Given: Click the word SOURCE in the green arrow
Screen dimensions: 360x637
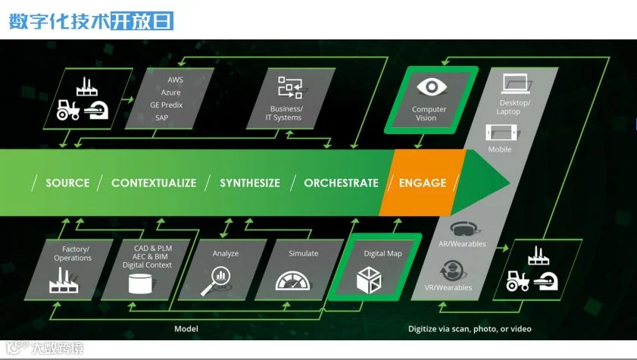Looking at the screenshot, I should (67, 183).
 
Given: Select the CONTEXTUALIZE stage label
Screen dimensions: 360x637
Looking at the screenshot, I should (154, 183).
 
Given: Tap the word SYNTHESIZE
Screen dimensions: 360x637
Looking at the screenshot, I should (250, 183).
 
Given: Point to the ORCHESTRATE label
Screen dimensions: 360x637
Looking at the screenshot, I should (341, 183).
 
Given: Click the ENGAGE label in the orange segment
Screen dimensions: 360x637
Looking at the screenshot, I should (422, 183).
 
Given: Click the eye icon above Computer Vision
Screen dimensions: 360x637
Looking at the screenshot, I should (430, 86).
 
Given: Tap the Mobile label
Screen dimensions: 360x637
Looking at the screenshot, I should (500, 149).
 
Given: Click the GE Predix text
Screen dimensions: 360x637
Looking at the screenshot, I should (166, 105).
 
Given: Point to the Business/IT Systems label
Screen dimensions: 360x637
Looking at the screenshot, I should (286, 113).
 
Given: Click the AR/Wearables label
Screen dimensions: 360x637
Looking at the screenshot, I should (462, 244).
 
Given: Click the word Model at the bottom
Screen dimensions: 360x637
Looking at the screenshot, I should (186, 329).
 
